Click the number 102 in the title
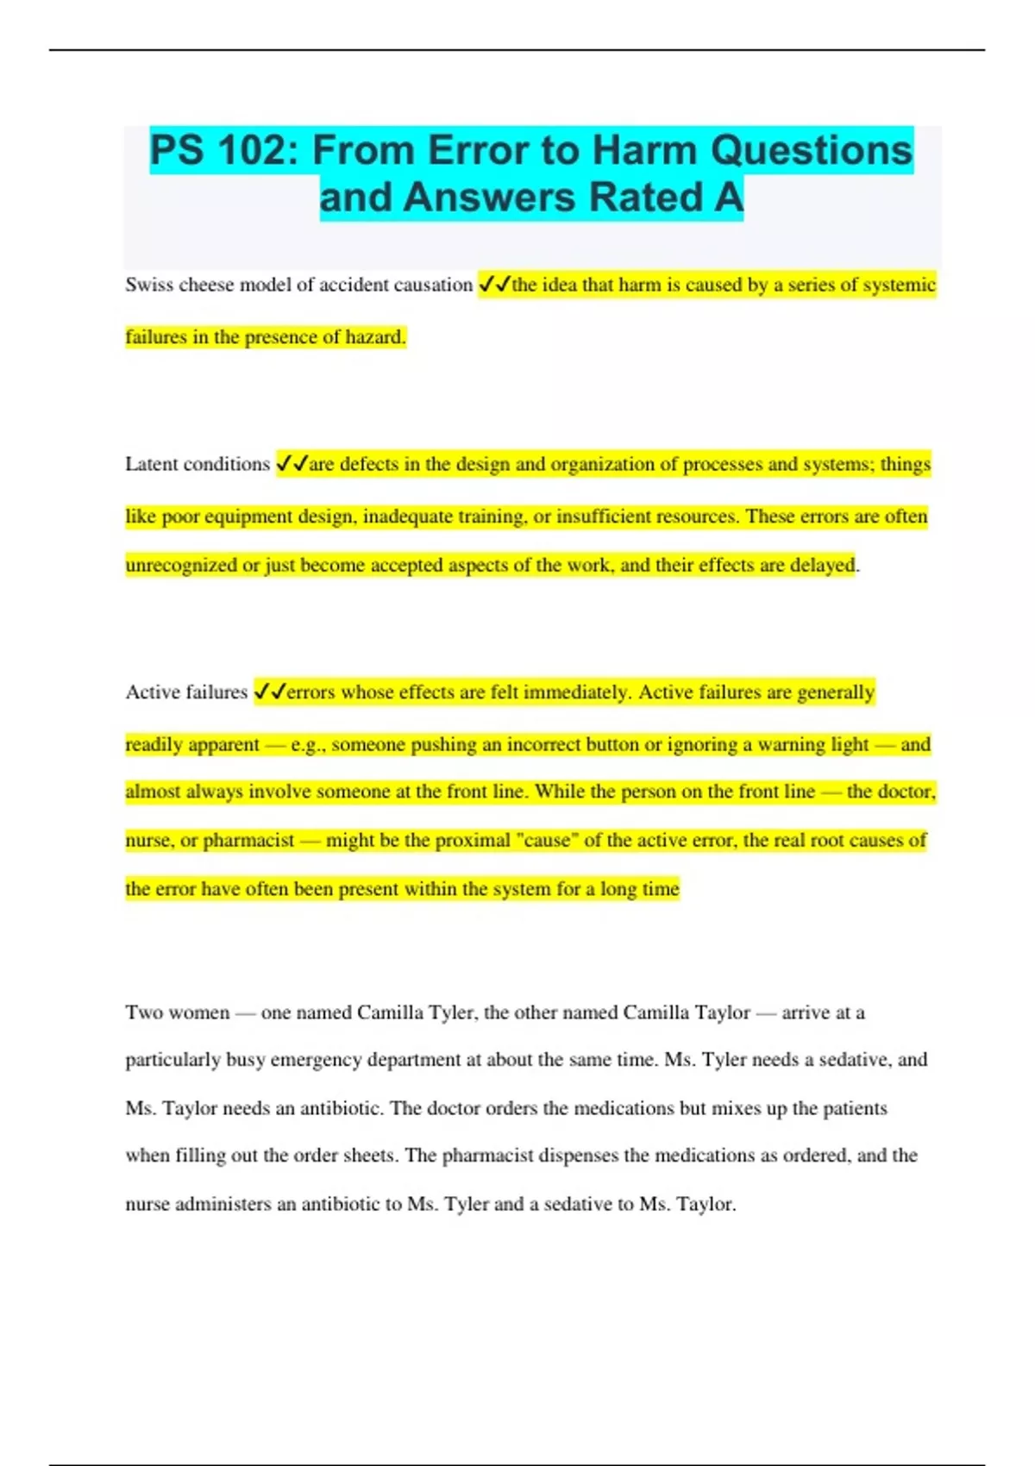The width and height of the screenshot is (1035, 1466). (249, 151)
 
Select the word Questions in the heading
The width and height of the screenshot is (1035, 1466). (812, 151)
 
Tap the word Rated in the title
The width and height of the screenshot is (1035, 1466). (634, 197)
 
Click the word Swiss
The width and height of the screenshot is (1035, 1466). (149, 285)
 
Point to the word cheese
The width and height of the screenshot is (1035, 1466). (206, 285)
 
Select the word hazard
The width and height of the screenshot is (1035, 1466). (375, 337)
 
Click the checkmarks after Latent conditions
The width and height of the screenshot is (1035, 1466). (292, 465)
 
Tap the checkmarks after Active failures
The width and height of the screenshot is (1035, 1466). (270, 692)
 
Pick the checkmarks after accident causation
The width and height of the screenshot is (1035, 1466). (494, 285)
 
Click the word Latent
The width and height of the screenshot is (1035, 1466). (154, 464)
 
